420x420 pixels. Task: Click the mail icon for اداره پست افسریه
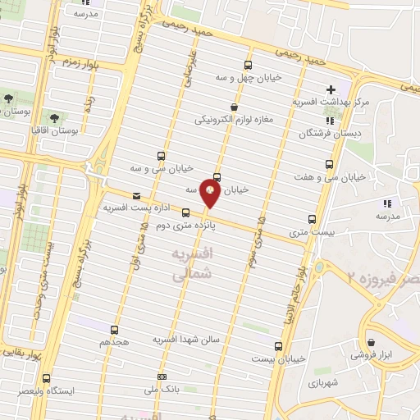click(x=135, y=196)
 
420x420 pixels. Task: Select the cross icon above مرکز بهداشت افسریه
click(x=331, y=89)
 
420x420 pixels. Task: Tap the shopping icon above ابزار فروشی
click(x=372, y=342)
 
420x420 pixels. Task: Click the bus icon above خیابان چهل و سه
click(x=249, y=64)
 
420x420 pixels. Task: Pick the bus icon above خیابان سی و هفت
click(x=330, y=164)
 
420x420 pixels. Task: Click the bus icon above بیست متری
click(x=312, y=219)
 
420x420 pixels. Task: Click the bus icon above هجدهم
click(x=114, y=329)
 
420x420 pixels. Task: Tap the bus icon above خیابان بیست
click(x=278, y=346)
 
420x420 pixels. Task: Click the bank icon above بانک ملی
click(x=161, y=377)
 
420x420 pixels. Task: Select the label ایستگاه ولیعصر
click(x=73, y=391)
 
